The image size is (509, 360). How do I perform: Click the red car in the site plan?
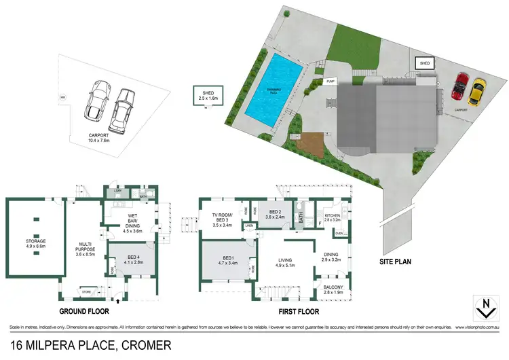(x=461, y=85)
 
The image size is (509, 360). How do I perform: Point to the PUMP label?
(x=332, y=81)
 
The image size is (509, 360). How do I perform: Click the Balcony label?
(x=334, y=288)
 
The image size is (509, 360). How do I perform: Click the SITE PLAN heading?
(x=396, y=261)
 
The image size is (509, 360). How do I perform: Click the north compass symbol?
(x=483, y=307)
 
